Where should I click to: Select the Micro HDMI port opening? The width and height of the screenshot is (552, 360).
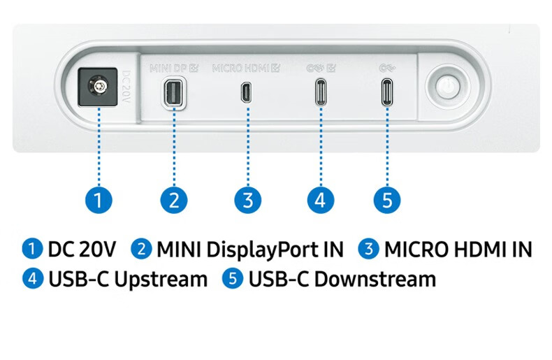pos(246,92)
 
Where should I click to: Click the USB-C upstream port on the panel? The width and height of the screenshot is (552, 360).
pos(319,92)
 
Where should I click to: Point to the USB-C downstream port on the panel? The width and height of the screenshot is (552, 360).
pos(386,92)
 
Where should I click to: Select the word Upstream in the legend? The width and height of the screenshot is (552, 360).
pos(160,280)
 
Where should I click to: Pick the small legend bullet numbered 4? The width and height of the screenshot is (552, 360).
pos(32,280)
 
